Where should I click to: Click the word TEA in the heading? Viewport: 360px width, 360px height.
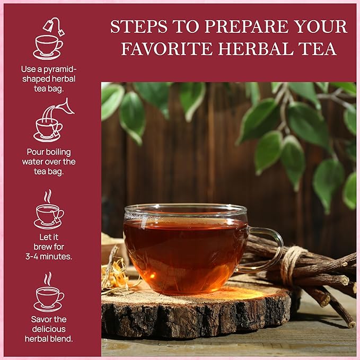point(320,49)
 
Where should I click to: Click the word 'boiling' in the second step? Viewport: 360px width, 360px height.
point(62,152)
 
